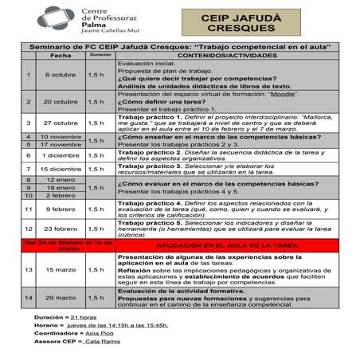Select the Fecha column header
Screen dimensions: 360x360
[60, 56]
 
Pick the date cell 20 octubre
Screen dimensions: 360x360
[60, 102]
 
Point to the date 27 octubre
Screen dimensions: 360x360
[60, 123]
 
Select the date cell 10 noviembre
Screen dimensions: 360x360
[60, 137]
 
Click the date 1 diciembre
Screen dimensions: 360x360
[60, 156]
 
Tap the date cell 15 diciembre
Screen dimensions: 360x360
[60, 170]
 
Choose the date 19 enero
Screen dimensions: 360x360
[60, 188]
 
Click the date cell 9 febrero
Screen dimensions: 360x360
[60, 209]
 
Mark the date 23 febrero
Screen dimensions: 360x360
[60, 229]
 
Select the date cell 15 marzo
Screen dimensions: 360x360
[60, 270]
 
